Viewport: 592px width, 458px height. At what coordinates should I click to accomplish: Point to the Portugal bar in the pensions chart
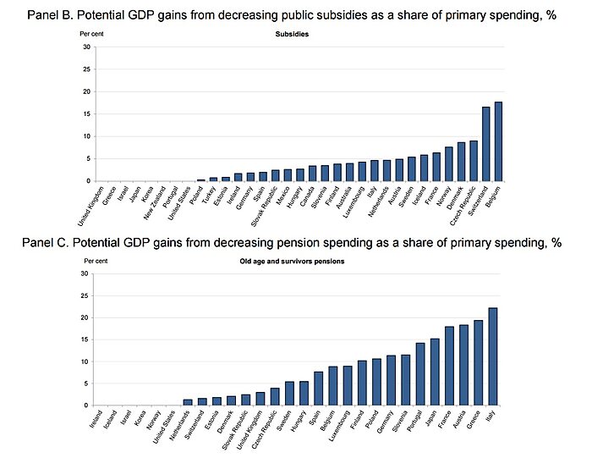419,374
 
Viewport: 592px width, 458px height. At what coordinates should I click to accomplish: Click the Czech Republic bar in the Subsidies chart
474,161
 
